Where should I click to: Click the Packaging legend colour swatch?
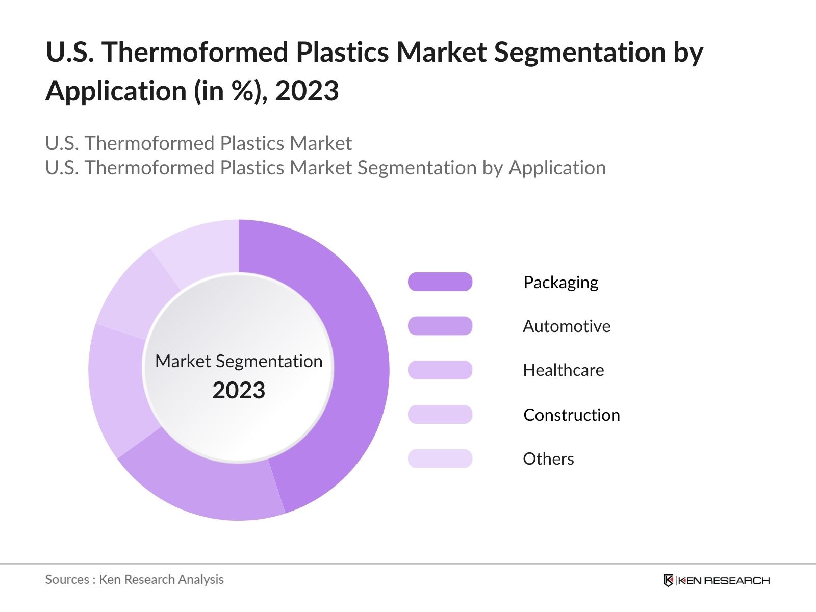point(440,282)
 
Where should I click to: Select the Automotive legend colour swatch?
point(440,326)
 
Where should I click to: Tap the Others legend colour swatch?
point(440,458)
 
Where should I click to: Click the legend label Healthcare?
point(563,370)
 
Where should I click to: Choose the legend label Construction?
point(571,415)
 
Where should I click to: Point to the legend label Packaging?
point(560,283)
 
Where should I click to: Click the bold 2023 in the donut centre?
point(239,391)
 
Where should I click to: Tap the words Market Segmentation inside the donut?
point(239,361)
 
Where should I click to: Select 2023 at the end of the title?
point(307,91)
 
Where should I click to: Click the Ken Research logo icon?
point(668,580)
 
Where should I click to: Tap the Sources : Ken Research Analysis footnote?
point(134,579)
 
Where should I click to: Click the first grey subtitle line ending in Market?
point(198,143)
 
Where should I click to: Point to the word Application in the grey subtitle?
point(557,168)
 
